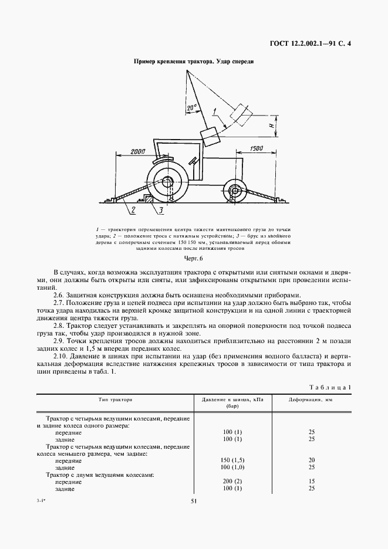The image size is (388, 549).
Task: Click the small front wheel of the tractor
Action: click(235, 191)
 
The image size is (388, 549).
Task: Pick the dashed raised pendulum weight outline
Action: click(239, 113)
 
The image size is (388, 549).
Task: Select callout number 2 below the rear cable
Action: click(133, 209)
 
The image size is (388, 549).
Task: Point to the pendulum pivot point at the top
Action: click(188, 71)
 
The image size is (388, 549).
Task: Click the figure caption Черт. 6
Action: click(193, 258)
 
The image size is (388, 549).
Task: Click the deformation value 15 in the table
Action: click(312, 481)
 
